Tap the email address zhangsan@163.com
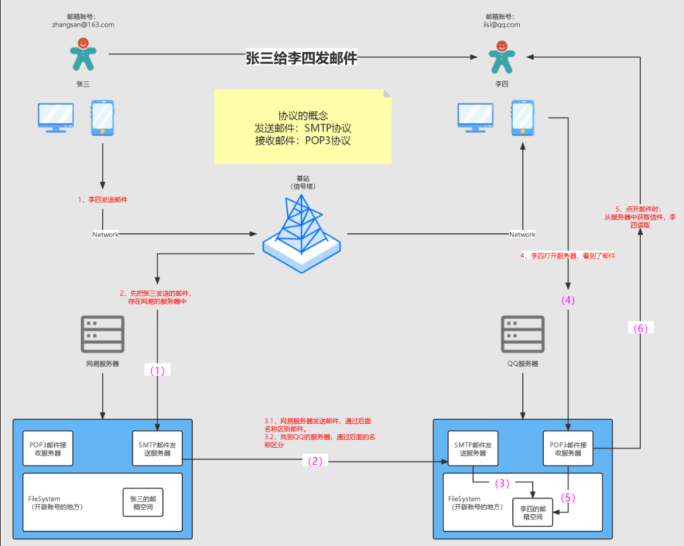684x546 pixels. [83, 25]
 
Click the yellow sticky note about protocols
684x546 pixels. [303, 127]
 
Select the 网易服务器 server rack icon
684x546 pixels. [103, 335]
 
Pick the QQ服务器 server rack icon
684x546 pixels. [523, 335]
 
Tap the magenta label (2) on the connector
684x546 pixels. [315, 461]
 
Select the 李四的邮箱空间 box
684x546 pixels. [532, 512]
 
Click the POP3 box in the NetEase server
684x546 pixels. [48, 449]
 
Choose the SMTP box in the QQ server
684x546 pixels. [473, 449]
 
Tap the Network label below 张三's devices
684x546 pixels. [105, 234]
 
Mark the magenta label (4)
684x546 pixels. [568, 300]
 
